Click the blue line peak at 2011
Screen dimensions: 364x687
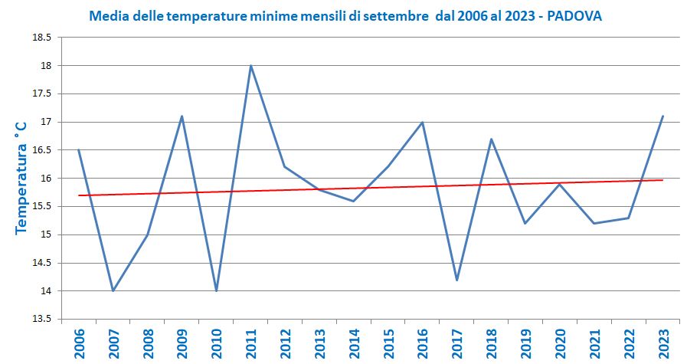[x=250, y=66]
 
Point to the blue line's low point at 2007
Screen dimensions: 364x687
[x=113, y=290]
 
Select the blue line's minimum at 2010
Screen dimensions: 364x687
[x=216, y=290]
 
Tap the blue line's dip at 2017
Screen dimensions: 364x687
[x=456, y=280]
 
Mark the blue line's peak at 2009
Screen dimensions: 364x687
[x=182, y=116]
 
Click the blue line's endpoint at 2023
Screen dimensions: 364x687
[x=662, y=116]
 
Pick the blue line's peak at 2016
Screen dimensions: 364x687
[x=422, y=123]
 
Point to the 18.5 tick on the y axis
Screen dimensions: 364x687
[x=44, y=38]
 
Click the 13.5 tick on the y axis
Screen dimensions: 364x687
[x=44, y=319]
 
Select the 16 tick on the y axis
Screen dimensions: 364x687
[x=47, y=179]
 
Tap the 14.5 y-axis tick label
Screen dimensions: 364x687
[x=44, y=263]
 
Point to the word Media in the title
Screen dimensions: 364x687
[x=107, y=16]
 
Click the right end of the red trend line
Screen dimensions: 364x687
[x=662, y=180]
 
